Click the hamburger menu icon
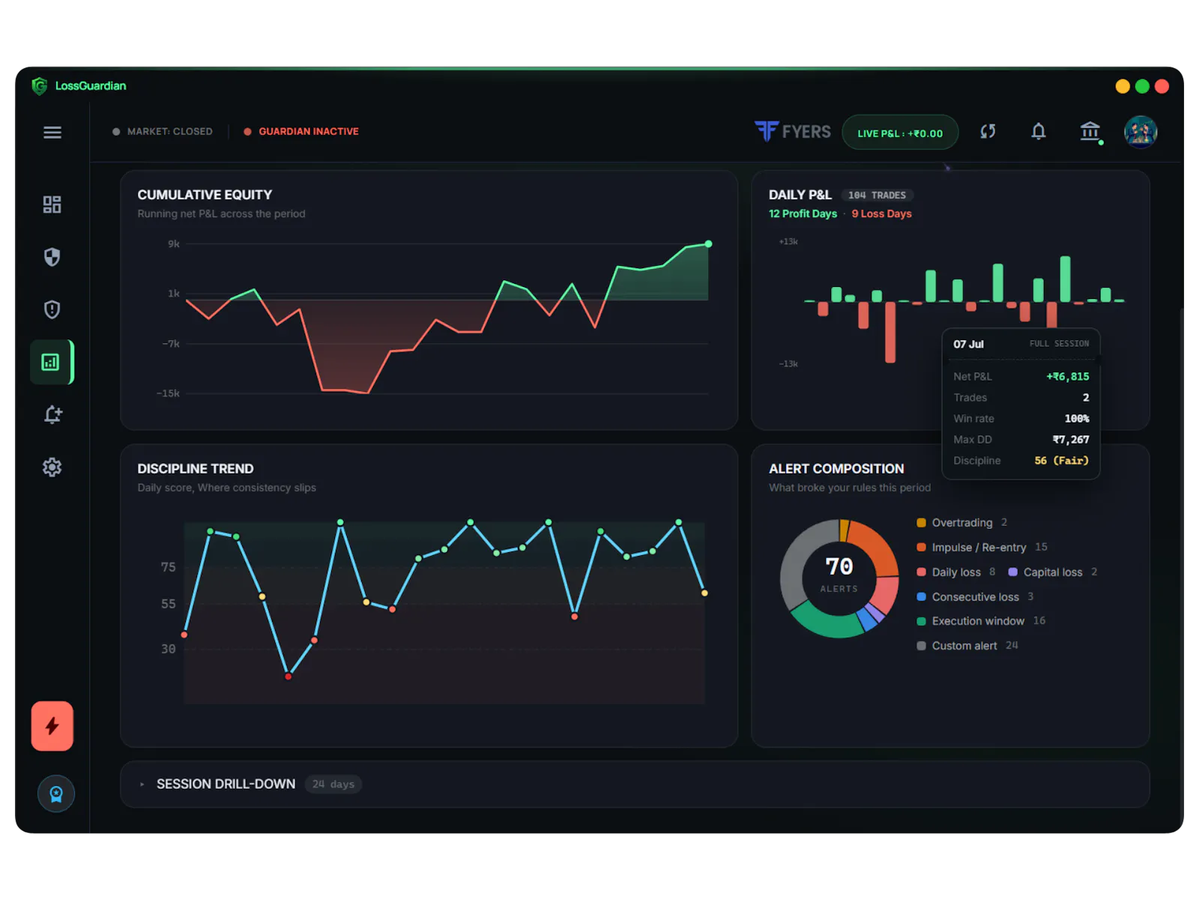click(52, 132)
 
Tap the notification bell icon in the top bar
click(1039, 131)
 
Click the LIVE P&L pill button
click(900, 133)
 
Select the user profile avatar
click(1140, 132)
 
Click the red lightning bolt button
click(52, 726)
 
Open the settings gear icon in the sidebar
click(52, 467)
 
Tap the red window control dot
click(1162, 86)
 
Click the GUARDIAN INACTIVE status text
click(309, 132)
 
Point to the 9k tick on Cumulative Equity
click(174, 244)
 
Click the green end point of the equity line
click(708, 244)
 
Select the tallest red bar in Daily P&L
click(890, 332)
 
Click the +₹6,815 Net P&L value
click(1067, 377)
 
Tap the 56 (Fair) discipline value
click(1061, 461)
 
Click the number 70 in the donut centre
click(839, 566)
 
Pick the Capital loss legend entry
click(1053, 572)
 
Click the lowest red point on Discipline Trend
click(289, 676)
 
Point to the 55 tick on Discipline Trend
click(169, 605)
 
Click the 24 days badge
click(333, 784)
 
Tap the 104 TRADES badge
click(877, 196)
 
